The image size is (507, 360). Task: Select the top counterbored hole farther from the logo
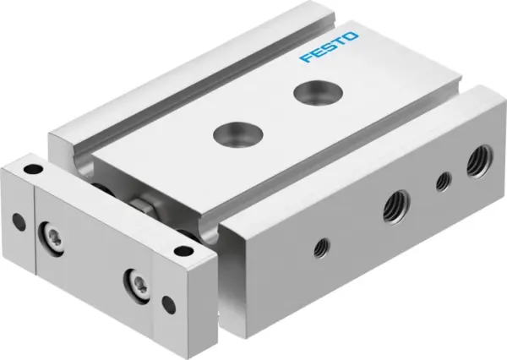click(230, 134)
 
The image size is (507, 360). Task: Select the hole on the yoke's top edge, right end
click(179, 248)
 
